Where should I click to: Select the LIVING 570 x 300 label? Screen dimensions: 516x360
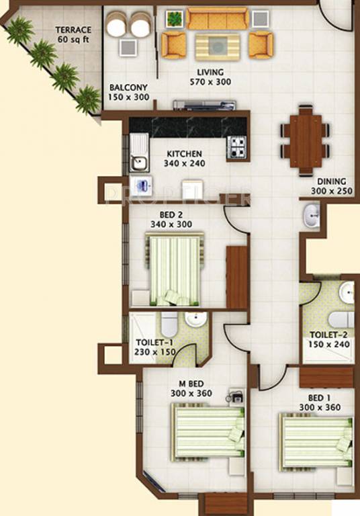(210, 77)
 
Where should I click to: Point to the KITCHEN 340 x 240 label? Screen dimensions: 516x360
(185, 159)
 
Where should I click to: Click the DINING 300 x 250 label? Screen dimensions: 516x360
(328, 186)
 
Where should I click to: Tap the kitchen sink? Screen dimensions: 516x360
(140, 161)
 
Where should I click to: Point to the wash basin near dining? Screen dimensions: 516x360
(312, 216)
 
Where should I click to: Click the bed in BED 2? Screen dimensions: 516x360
(174, 269)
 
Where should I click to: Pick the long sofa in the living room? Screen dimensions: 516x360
(217, 18)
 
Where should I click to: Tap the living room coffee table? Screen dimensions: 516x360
(216, 46)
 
